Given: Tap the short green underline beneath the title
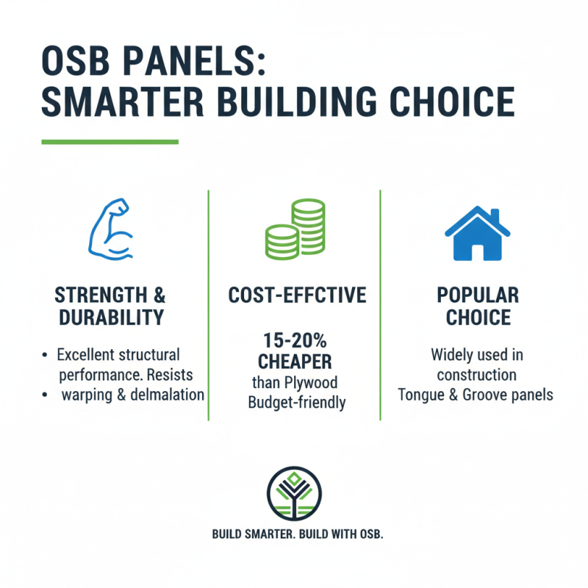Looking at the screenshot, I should tap(110, 141).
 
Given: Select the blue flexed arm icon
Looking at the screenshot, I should tap(110, 229).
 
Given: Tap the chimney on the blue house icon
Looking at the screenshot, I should tap(495, 217).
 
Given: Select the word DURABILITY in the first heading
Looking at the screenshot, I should tap(110, 319).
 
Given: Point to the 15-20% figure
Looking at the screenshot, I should tap(294, 342).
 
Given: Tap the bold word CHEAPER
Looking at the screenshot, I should tap(294, 363).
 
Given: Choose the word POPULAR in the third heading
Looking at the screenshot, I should tap(478, 295).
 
